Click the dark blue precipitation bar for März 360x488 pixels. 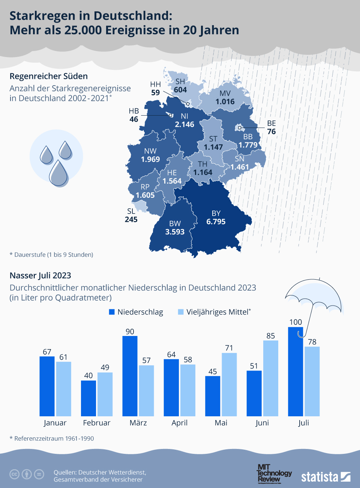130,376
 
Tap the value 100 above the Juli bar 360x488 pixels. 295,322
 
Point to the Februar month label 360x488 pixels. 97,423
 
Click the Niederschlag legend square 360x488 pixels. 112,312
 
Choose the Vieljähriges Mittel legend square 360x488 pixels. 181,312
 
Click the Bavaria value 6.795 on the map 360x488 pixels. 216,221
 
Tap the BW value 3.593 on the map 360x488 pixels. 175,232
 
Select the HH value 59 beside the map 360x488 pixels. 155,92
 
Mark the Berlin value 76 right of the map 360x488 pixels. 271,131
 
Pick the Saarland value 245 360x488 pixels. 131,219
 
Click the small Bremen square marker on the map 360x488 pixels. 171,115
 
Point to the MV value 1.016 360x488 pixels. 225,101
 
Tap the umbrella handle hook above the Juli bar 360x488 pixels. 301,335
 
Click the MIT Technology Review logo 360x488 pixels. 274,474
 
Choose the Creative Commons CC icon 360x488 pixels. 14,474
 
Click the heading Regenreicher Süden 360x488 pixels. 49,76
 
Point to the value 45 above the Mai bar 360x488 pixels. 213,371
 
